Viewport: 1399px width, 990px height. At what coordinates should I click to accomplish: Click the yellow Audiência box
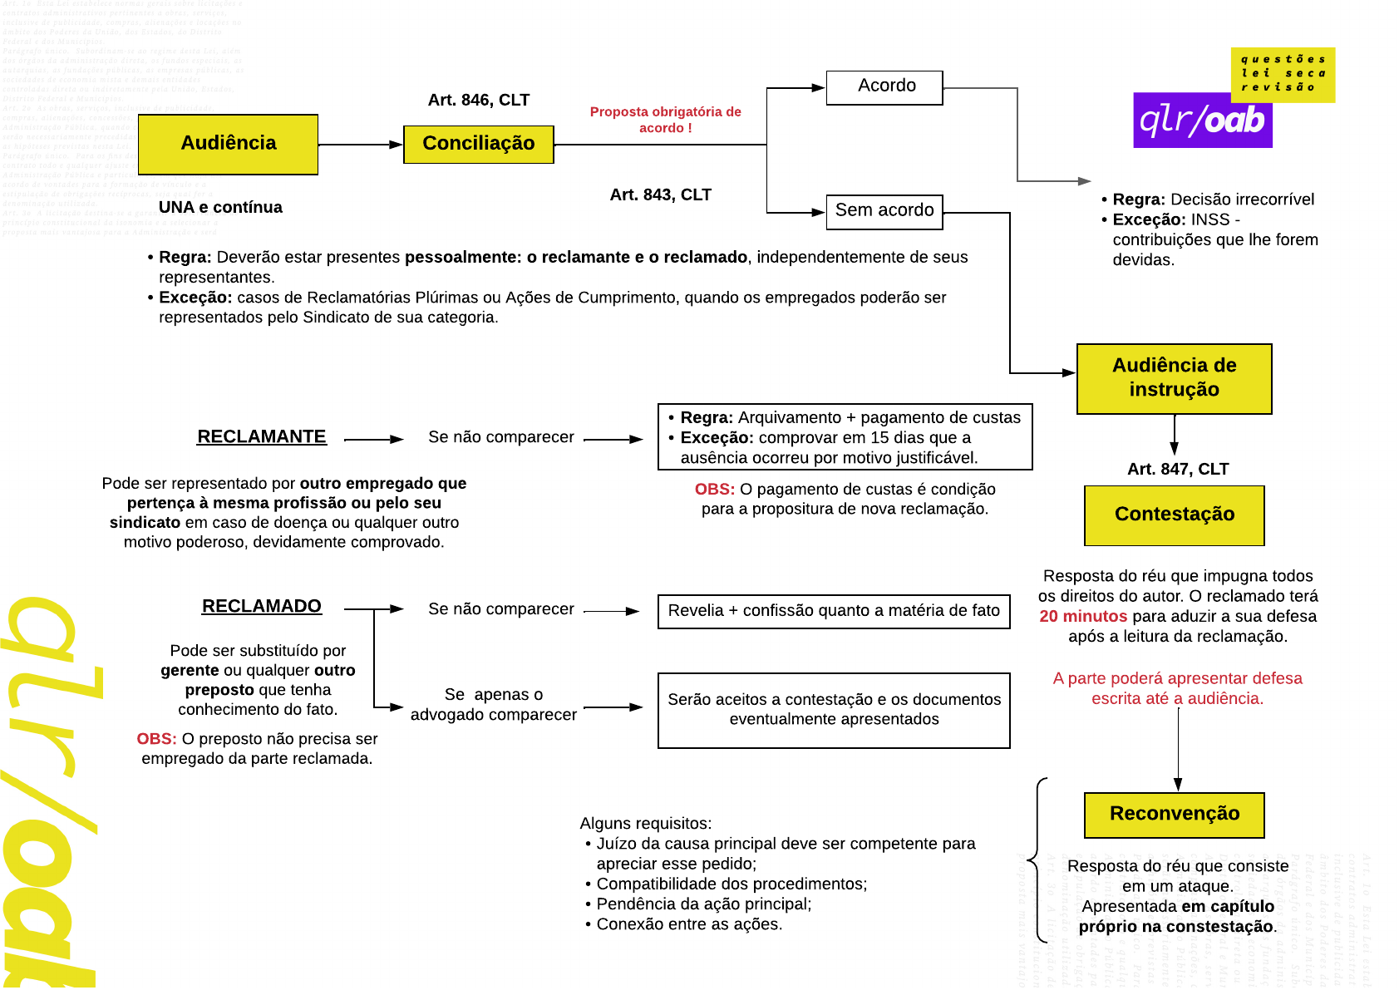pos(228,144)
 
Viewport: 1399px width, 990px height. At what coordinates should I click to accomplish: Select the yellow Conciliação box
pos(478,144)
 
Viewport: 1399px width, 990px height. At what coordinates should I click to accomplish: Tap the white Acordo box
pos(884,86)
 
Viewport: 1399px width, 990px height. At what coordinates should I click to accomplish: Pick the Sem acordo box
pos(884,211)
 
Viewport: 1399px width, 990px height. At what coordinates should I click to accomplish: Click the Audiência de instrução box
pos(1174,378)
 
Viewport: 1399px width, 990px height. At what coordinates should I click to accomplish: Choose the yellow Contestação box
pos(1174,515)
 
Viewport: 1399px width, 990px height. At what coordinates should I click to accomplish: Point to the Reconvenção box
pos(1174,814)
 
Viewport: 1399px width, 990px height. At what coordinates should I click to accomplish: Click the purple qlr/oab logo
pos(1202,121)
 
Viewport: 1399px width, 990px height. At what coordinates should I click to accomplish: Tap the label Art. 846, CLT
pos(478,100)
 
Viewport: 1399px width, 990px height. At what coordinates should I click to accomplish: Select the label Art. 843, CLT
pos(660,195)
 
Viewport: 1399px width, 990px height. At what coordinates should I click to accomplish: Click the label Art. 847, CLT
pos(1177,469)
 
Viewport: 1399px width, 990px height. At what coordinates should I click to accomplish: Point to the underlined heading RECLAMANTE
pos(261,436)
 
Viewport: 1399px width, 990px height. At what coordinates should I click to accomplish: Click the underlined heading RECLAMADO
pos(261,606)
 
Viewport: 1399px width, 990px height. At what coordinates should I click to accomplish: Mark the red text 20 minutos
pos(1082,616)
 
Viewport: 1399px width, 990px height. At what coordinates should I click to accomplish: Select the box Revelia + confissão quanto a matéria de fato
pos(834,611)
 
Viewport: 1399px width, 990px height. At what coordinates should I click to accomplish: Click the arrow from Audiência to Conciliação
pos(360,145)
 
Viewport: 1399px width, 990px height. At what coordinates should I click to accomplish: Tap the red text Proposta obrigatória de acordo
pos(665,119)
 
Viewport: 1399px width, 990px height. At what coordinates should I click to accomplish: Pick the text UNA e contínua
pos(220,207)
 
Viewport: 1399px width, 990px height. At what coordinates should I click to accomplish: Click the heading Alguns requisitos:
pos(645,823)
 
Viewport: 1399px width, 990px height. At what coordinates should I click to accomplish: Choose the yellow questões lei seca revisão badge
pos(1283,73)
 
